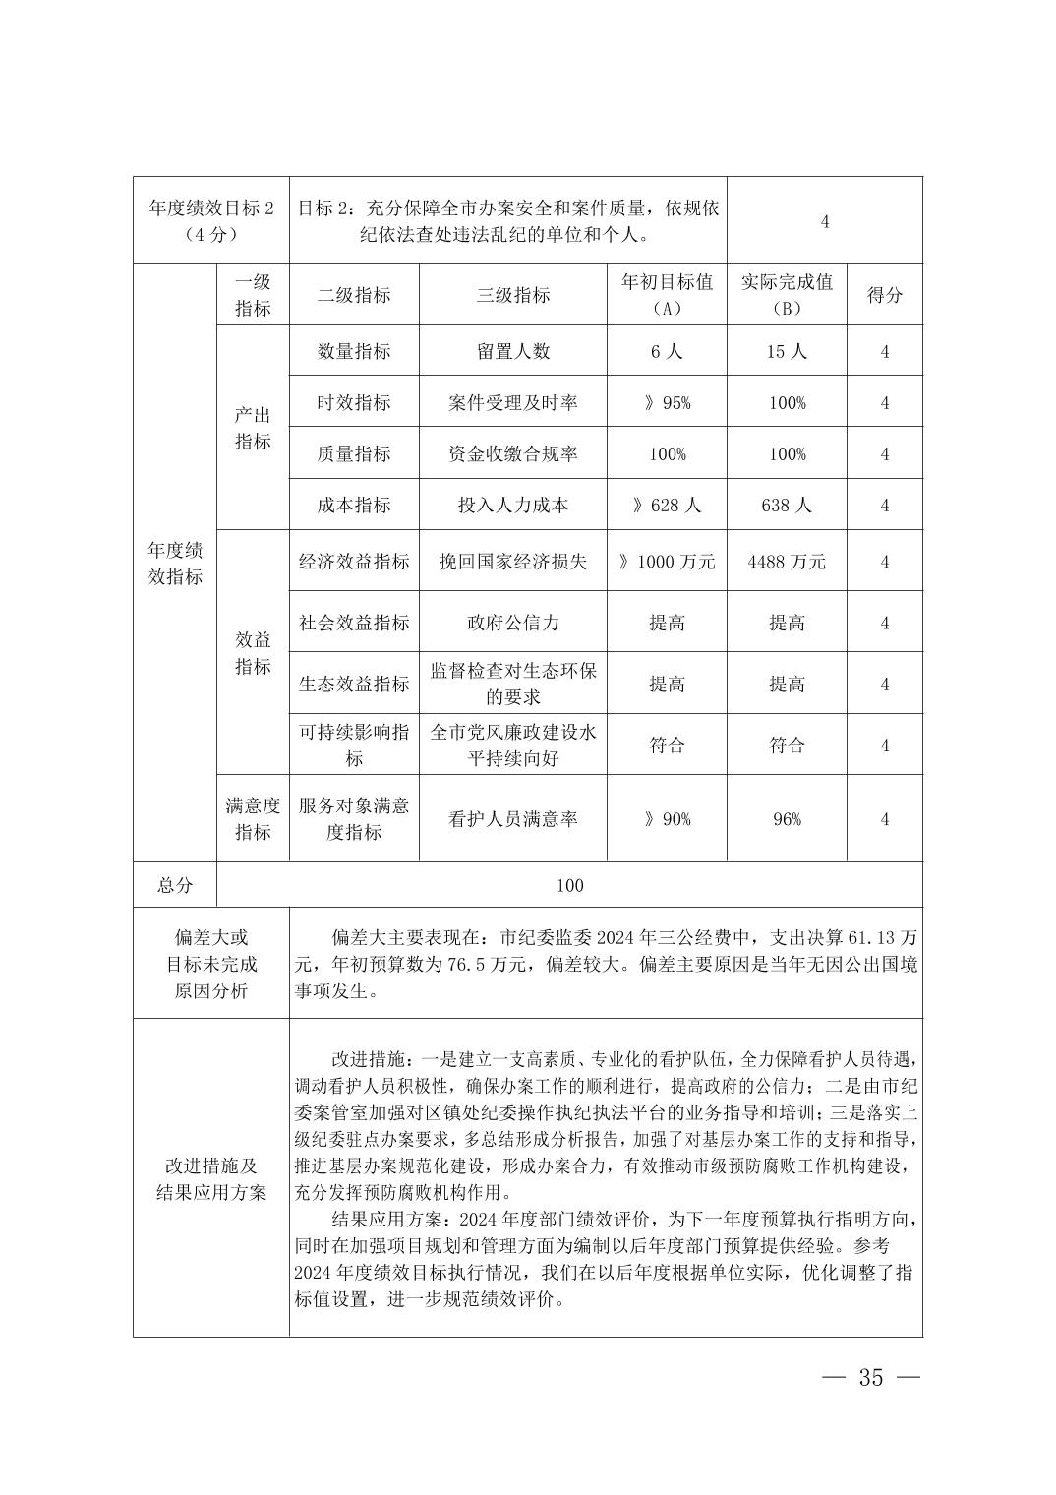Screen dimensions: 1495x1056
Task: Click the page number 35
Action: pos(871,1378)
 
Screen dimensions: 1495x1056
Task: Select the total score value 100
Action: pos(569,885)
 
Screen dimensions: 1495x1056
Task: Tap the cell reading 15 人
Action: pos(787,351)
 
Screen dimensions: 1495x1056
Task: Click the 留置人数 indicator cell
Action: pos(512,351)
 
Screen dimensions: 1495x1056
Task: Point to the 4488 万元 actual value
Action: pos(787,562)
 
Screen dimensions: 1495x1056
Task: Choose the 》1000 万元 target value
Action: pos(667,562)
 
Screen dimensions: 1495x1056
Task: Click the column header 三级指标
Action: pos(512,295)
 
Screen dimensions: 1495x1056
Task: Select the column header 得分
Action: pos(884,295)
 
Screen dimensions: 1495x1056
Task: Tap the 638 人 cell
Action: pos(787,506)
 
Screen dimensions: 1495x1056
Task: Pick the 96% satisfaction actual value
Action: pos(787,819)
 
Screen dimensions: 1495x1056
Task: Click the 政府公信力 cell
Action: pos(512,623)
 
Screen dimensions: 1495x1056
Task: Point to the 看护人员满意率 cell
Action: pos(512,819)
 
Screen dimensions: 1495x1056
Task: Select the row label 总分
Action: pos(175,885)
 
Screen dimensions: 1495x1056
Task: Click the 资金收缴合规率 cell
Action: pos(512,454)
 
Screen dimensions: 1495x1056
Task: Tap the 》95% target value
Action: pos(667,403)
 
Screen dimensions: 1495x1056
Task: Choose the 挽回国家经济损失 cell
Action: pos(512,562)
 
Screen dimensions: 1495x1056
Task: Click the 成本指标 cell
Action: pos(354,506)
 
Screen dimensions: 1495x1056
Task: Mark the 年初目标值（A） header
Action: pos(667,295)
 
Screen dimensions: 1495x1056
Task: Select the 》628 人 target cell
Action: pos(667,506)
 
